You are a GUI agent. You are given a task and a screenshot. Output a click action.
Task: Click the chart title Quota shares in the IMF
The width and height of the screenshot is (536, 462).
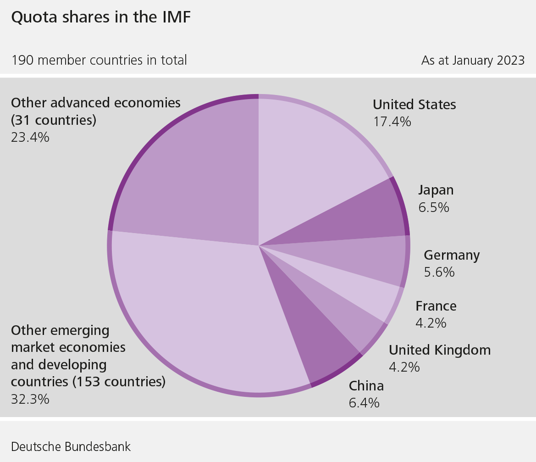(x=100, y=18)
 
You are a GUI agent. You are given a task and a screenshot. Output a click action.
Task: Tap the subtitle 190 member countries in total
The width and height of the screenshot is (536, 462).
(x=99, y=60)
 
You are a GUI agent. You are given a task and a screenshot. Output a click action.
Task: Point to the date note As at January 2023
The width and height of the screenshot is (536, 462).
(x=473, y=60)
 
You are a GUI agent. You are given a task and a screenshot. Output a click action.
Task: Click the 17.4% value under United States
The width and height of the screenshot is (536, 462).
(x=392, y=122)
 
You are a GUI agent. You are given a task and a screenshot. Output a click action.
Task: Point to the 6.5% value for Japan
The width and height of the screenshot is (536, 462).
(x=434, y=207)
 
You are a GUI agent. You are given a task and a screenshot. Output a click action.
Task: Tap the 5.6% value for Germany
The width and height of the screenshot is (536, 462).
(x=439, y=272)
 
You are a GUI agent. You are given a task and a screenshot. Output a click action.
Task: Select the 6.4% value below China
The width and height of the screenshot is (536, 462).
(x=364, y=403)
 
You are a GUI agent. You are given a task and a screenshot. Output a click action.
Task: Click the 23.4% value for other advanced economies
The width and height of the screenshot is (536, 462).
(x=30, y=137)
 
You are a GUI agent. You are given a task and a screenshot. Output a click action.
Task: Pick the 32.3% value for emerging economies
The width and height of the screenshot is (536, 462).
(x=30, y=399)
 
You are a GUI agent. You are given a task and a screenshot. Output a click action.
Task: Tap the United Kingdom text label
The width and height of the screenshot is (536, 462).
(x=440, y=350)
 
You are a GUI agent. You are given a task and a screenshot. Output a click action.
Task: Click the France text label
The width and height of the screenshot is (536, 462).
(x=436, y=306)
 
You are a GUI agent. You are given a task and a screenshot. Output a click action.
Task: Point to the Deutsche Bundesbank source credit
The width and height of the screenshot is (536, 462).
(x=71, y=447)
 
